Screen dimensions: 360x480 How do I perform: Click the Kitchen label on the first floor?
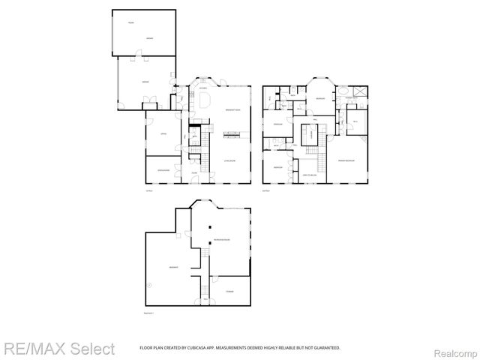pyautogui.click(x=202, y=88)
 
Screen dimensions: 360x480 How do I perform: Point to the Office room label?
pyautogui.click(x=161, y=135)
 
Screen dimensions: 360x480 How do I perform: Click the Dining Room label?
pyautogui.click(x=163, y=171)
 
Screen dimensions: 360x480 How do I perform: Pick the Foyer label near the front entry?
pyautogui.click(x=193, y=172)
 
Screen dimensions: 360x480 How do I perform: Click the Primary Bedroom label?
pyautogui.click(x=346, y=160)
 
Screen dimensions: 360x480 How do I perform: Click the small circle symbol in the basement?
pyautogui.click(x=149, y=285)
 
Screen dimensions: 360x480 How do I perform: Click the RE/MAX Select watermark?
pyautogui.click(x=58, y=349)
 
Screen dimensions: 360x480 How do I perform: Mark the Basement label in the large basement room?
pyautogui.click(x=173, y=267)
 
